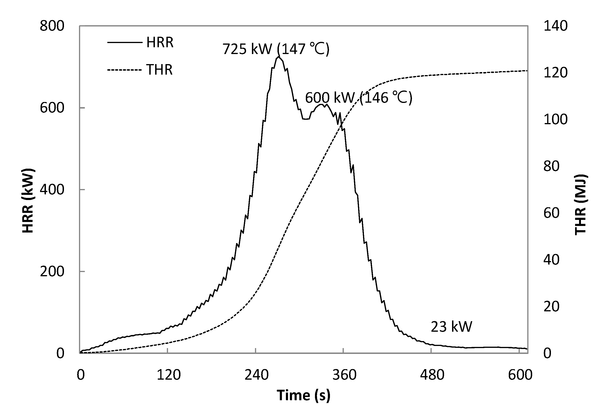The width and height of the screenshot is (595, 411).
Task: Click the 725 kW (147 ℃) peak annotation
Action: [276, 49]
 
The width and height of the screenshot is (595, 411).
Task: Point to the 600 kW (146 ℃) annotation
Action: [359, 98]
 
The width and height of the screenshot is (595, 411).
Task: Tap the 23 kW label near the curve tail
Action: [451, 327]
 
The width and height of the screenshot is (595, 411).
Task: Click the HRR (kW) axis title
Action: [28, 201]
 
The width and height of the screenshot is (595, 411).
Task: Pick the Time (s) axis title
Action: [303, 395]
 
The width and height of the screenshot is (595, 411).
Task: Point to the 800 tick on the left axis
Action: [52, 26]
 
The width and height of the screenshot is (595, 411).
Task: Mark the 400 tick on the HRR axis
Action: [52, 190]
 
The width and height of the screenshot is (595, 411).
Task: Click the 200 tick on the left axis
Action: [52, 271]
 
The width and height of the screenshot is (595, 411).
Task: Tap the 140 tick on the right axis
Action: [555, 26]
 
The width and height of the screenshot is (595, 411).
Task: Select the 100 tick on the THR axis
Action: [555, 120]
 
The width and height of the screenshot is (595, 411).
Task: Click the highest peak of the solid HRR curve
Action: [278, 57]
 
